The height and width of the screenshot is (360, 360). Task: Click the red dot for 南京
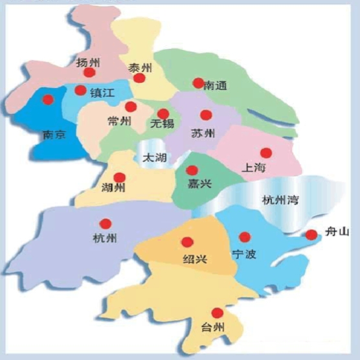[x=47, y=100]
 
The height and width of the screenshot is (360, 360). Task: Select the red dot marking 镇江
[x=80, y=91]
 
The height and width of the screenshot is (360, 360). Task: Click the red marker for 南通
[x=198, y=83]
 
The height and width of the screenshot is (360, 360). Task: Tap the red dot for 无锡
[x=163, y=113]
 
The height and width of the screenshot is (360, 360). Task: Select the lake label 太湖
[x=154, y=157]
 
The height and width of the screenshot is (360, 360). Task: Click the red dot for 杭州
[x=106, y=223]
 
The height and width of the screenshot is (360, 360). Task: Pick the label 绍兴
[x=194, y=260]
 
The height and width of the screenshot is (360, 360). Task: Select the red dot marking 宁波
[x=244, y=237]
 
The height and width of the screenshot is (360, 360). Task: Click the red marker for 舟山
[x=311, y=235]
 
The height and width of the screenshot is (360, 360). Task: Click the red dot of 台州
[x=218, y=313]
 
